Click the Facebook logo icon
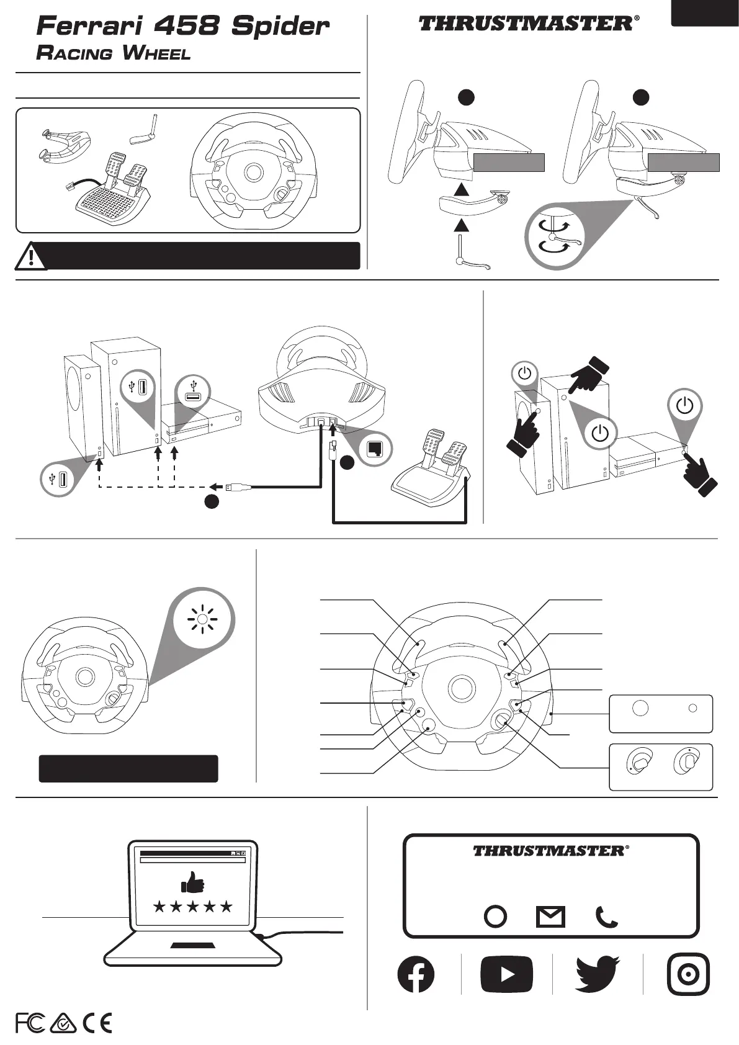416,974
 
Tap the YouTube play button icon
506,974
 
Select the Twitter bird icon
598,974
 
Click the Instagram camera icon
688,974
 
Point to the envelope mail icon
550,917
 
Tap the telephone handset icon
606,917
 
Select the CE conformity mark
97,1023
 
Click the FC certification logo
30,1023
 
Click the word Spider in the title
280,27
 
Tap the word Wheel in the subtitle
156,53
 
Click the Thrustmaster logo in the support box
551,850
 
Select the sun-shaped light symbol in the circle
202,619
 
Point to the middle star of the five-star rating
192,907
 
